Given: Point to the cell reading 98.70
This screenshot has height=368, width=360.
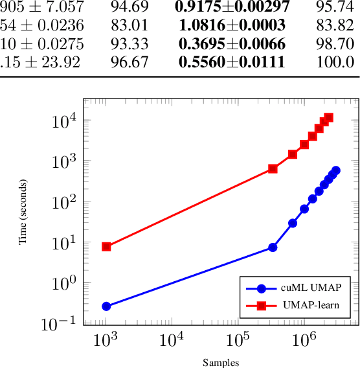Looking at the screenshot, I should pyautogui.click(x=335, y=44).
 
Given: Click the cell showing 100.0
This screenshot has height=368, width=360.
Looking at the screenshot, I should pyautogui.click(x=335, y=62).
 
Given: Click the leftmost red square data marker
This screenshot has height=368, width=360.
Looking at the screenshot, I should pyautogui.click(x=106, y=247).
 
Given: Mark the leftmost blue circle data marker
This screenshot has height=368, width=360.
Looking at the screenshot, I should pyautogui.click(x=106, y=306).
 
